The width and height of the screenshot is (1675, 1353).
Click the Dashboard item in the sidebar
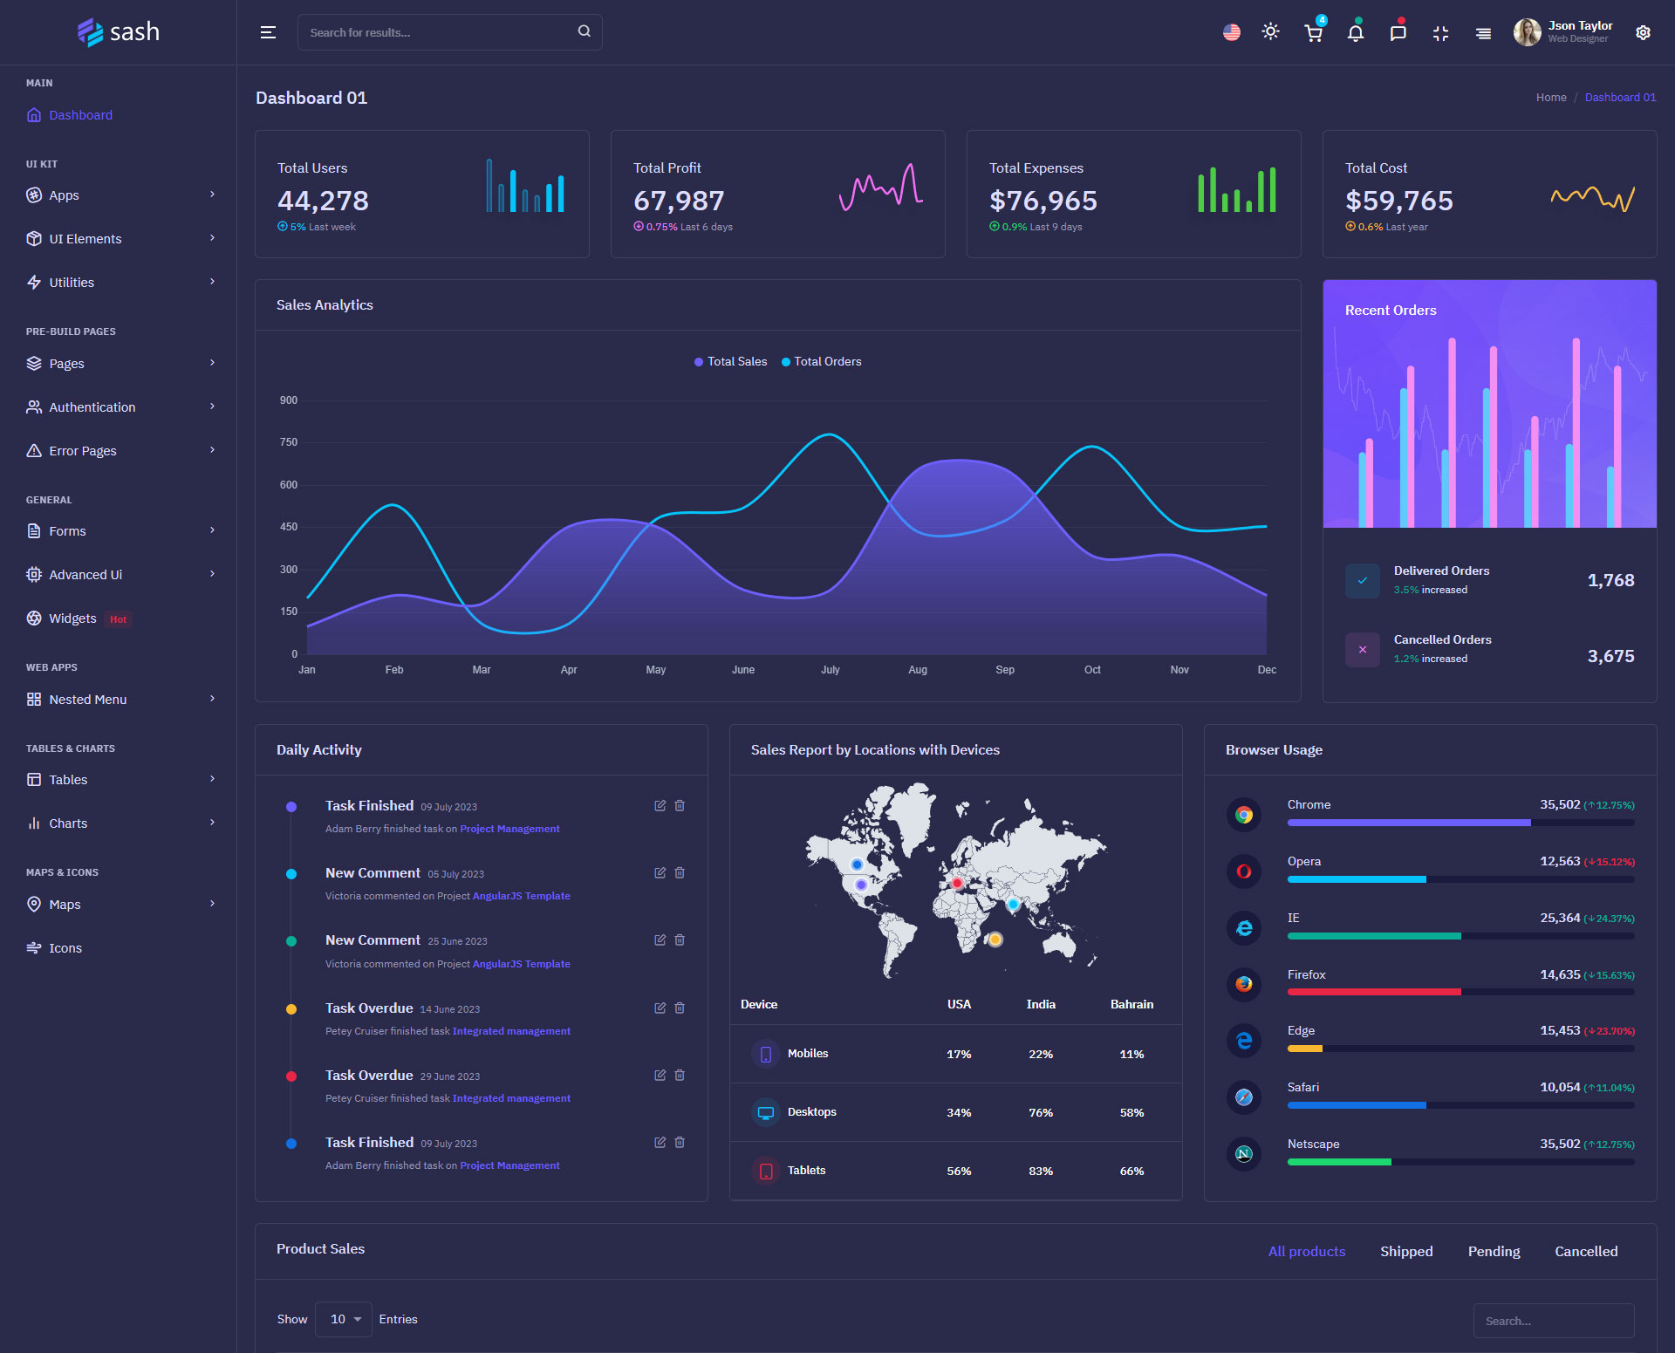[80, 115]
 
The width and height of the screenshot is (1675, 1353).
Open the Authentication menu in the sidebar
[92, 407]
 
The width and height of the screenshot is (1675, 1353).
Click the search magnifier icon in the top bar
[584, 31]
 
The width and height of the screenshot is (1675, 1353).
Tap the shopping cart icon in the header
[1313, 33]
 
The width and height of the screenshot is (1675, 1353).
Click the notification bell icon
[1355, 33]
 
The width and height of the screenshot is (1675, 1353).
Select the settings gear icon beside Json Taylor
[1643, 32]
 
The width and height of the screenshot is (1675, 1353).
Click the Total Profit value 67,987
[679, 201]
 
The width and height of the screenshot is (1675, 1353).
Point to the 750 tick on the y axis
[289, 442]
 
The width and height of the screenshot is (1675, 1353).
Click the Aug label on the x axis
[918, 670]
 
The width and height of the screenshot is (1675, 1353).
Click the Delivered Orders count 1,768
[1610, 580]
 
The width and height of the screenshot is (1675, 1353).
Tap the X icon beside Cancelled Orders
[1362, 650]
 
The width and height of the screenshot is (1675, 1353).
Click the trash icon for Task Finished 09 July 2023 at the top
[680, 806]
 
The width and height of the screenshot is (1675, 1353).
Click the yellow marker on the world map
[995, 940]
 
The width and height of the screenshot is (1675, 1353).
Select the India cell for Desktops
[1041, 1113]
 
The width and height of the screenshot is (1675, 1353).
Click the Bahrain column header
[1131, 1005]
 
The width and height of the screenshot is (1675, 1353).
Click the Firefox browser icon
[1244, 984]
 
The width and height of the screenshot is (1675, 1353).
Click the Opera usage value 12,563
[1560, 862]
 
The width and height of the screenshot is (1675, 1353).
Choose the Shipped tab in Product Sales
[1406, 1252]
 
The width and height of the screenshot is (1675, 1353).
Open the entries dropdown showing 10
[345, 1320]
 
